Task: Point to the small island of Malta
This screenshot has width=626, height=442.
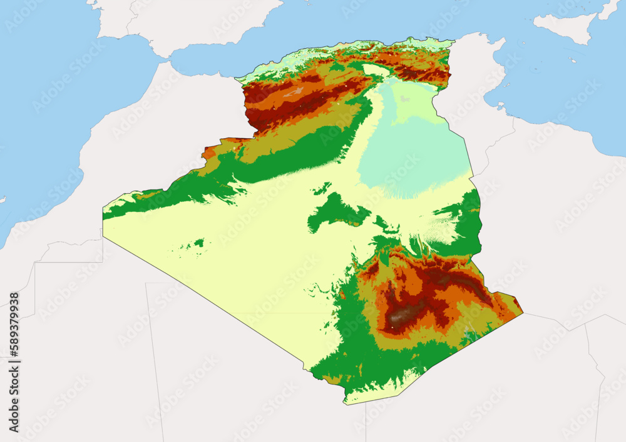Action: click(x=573, y=61)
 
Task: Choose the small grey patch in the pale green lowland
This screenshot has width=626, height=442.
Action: click(x=406, y=99)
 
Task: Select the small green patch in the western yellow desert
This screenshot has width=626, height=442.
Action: click(x=198, y=242)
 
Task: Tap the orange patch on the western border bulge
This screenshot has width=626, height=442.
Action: click(x=209, y=152)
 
